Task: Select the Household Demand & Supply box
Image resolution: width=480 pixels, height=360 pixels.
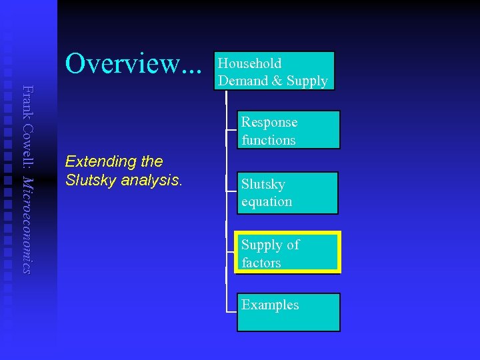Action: [273, 71]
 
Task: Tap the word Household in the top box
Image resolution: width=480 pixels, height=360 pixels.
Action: [250, 63]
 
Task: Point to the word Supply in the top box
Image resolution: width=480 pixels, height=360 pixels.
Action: [307, 81]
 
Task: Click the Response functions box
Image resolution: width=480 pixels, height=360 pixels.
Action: [288, 130]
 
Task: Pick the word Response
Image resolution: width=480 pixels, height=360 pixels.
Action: [269, 122]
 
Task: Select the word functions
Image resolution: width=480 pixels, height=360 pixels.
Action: [269, 140]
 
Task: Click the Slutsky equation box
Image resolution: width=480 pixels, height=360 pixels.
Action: [287, 193]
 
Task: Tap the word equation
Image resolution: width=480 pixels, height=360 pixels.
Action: [267, 201]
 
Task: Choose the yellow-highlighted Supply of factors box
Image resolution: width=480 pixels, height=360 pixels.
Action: [287, 253]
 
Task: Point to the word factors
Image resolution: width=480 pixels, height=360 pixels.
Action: [261, 263]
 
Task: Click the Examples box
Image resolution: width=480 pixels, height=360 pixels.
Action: [288, 312]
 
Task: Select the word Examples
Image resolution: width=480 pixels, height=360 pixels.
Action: [270, 305]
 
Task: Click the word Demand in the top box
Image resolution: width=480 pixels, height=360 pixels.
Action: [242, 81]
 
